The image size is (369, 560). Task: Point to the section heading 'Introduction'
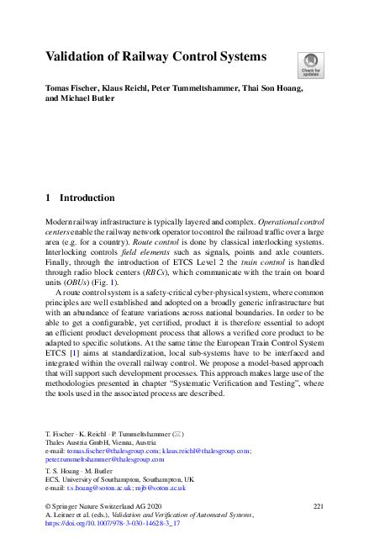(87, 198)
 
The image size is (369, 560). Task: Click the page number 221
(317, 505)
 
